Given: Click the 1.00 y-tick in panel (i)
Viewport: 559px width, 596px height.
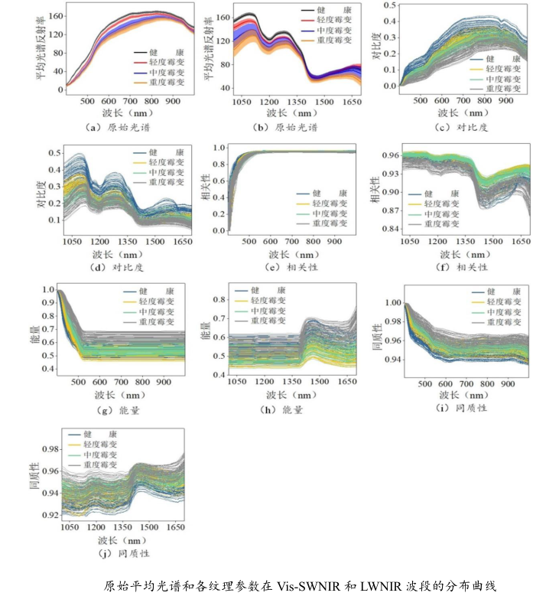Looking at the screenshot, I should (x=390, y=303).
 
